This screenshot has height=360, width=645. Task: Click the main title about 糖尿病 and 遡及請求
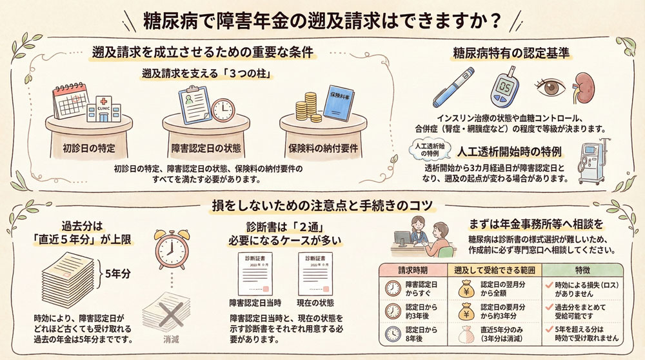pos(322,21)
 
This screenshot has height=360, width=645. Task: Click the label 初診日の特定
pos(89,148)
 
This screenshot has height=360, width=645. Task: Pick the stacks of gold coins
pos(308,106)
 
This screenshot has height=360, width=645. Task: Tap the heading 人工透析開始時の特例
pos(510,154)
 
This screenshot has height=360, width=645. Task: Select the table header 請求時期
pos(413,270)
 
